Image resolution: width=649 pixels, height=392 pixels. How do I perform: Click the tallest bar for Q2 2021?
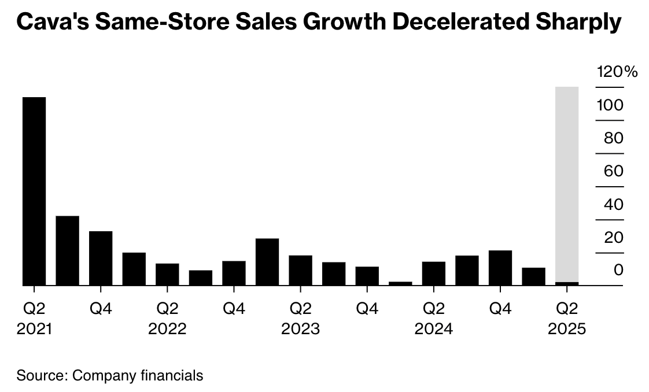[x=34, y=191]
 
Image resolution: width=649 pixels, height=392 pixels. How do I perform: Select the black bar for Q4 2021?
[x=101, y=258]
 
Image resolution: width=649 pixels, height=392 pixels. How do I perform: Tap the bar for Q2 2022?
[x=167, y=274]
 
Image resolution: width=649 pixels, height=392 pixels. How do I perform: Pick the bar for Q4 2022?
[x=234, y=273]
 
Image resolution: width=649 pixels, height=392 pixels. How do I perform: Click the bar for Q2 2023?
[x=301, y=270]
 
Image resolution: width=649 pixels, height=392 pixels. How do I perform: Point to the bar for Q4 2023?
[x=367, y=276]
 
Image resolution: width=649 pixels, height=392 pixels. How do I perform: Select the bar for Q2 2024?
[x=434, y=273]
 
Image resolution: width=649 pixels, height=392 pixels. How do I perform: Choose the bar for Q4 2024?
[x=500, y=268]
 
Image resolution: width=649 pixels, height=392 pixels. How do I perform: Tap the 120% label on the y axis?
[x=617, y=72]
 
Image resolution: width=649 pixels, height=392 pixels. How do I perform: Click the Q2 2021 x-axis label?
[x=34, y=319]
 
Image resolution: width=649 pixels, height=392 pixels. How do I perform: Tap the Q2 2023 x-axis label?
[x=301, y=319]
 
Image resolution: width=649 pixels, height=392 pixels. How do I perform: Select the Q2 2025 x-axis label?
[x=567, y=319]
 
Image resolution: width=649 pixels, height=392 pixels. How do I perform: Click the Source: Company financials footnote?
[x=110, y=375]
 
